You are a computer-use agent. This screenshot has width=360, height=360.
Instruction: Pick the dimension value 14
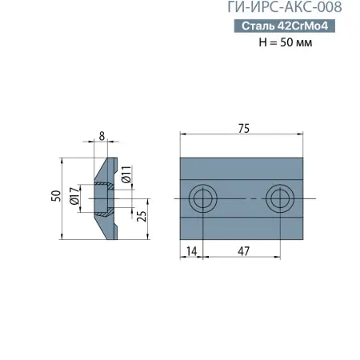192,250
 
